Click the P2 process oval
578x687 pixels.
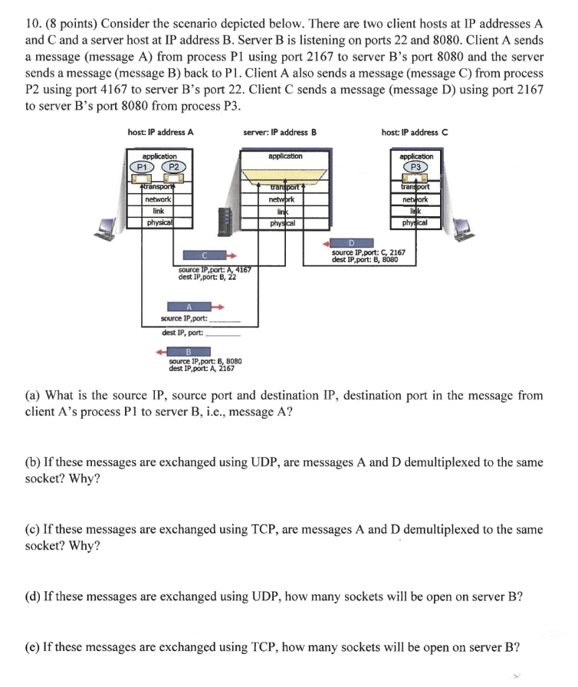[174, 167]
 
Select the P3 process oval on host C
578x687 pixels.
[416, 167]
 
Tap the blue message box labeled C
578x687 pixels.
[205, 255]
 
